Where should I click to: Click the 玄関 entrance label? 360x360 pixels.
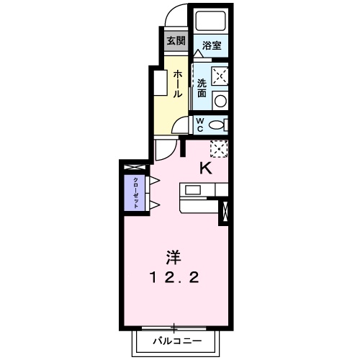pyautogui.click(x=176, y=40)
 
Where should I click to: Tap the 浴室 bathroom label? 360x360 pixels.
pyautogui.click(x=211, y=45)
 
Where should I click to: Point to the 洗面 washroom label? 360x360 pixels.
pyautogui.click(x=202, y=87)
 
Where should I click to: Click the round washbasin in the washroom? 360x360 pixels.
pyautogui.click(x=222, y=100)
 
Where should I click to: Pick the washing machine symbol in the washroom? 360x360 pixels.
pyautogui.click(x=220, y=75)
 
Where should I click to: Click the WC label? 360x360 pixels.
pyautogui.click(x=201, y=124)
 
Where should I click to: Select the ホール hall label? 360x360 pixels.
pyautogui.click(x=176, y=84)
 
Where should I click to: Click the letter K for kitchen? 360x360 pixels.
pyautogui.click(x=205, y=168)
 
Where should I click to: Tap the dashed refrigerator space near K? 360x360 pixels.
pyautogui.click(x=219, y=148)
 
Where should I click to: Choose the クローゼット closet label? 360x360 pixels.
pyautogui.click(x=134, y=192)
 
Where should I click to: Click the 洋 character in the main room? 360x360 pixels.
pyautogui.click(x=173, y=256)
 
